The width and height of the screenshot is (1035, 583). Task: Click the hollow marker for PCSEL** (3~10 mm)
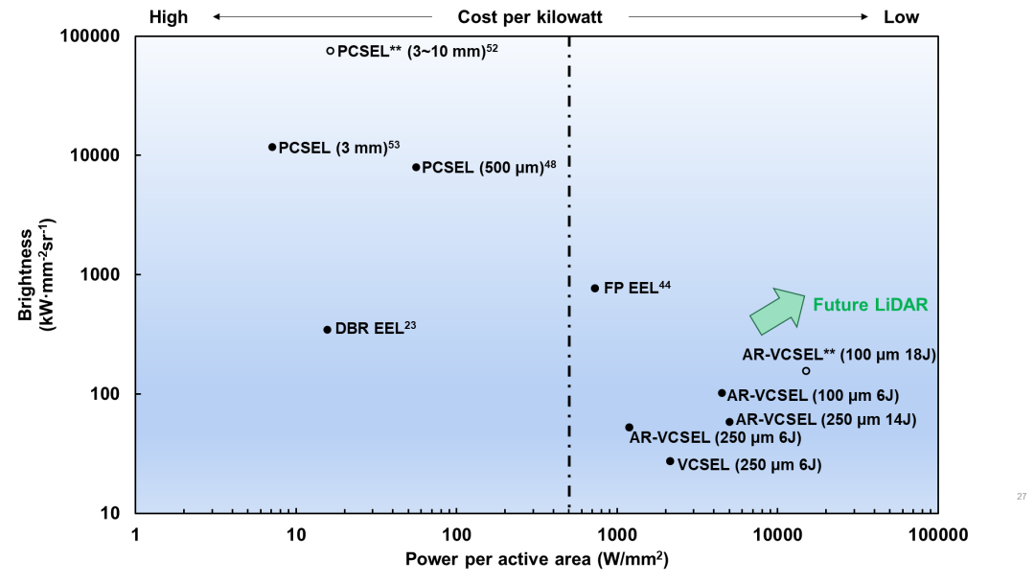click(x=331, y=51)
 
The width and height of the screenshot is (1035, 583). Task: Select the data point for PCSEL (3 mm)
click(x=272, y=147)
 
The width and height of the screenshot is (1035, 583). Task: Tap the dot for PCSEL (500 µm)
click(x=416, y=167)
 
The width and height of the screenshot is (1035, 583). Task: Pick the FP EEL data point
click(x=595, y=288)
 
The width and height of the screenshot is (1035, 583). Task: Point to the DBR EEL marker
click(x=327, y=329)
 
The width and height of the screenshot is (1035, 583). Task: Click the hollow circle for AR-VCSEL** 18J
click(x=806, y=371)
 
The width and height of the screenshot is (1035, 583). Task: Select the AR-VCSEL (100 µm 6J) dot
click(x=722, y=393)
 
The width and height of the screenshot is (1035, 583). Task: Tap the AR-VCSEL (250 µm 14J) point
click(x=729, y=421)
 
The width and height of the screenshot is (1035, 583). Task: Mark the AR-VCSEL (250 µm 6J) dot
click(x=629, y=427)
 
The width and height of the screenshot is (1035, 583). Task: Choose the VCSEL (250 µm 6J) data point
click(x=670, y=461)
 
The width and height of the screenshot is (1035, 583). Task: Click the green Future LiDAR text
click(x=870, y=305)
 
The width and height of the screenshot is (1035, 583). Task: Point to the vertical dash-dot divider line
click(x=569, y=240)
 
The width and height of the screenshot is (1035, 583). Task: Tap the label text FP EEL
click(x=631, y=288)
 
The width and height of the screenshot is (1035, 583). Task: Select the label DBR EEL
click(x=369, y=329)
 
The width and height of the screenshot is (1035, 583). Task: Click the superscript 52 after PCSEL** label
click(x=493, y=47)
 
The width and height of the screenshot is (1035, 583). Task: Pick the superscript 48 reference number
click(x=550, y=164)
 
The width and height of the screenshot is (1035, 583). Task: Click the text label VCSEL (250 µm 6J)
click(x=749, y=465)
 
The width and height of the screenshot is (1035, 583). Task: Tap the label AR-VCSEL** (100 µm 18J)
click(x=839, y=355)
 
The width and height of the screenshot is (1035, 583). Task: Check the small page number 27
click(x=1022, y=496)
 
